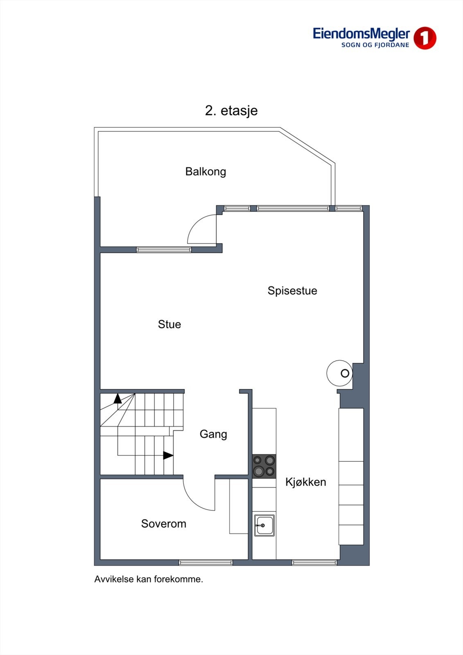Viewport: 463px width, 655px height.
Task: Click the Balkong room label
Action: click(x=206, y=171)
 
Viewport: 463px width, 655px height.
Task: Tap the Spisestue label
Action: click(x=292, y=291)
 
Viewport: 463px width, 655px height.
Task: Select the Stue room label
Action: click(x=169, y=324)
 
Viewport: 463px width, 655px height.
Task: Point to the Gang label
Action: click(x=213, y=434)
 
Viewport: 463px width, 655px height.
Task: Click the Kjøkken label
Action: click(x=306, y=482)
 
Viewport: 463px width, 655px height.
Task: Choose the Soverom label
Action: click(x=164, y=524)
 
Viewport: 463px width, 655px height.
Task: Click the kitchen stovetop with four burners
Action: click(x=264, y=466)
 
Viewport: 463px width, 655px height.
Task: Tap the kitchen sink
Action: click(x=264, y=525)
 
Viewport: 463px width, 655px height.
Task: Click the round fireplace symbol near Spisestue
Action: click(x=340, y=373)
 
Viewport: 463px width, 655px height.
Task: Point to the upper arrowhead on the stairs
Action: click(x=117, y=398)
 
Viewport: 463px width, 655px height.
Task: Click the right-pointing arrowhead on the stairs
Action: click(x=168, y=455)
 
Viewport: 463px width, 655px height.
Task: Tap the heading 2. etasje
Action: click(x=231, y=111)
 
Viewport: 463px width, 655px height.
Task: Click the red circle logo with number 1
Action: click(x=425, y=38)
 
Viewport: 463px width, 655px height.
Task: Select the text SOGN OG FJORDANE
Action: click(x=375, y=45)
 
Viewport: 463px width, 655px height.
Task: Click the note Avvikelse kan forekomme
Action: click(x=149, y=579)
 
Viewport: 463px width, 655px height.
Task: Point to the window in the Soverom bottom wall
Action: click(x=206, y=563)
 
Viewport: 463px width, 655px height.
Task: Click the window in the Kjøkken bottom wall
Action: click(x=314, y=563)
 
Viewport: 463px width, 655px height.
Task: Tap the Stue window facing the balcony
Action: click(x=164, y=249)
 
